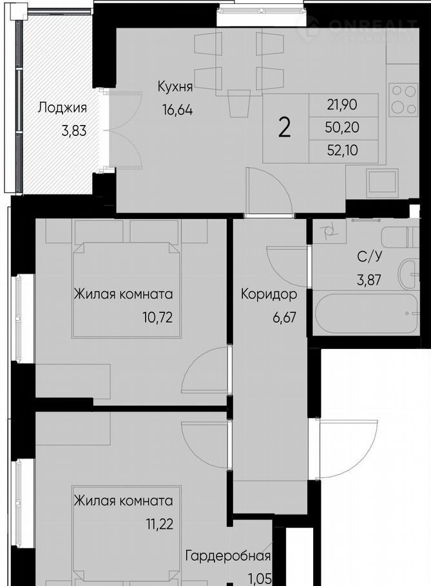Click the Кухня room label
pos(175,87)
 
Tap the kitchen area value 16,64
pos(177,110)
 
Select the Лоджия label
pos(62,108)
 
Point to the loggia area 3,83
pos(74,131)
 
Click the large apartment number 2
pos(285,128)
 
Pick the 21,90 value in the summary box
pos(342,104)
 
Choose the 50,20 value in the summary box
pos(342,128)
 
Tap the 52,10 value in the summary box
pos(342,150)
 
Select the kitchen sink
pos(381,182)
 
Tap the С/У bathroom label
pos(369,257)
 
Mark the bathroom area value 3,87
pos(369,280)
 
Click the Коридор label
pos(269,294)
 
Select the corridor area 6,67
pos(284,317)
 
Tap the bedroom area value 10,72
pos(158,317)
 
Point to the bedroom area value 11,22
pos(159,524)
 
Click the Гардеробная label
pos(228,556)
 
